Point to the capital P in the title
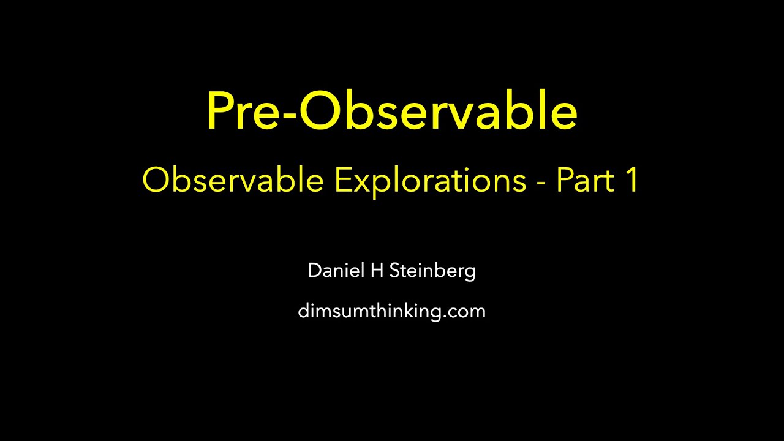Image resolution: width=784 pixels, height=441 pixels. [x=221, y=111]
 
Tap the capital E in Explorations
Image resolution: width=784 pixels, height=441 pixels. [x=341, y=181]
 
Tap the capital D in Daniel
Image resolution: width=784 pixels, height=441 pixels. [x=314, y=270]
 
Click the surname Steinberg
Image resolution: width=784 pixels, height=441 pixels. [x=432, y=271]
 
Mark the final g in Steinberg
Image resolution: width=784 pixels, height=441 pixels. [x=469, y=273]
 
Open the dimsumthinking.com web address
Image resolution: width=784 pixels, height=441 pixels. [x=391, y=311]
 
